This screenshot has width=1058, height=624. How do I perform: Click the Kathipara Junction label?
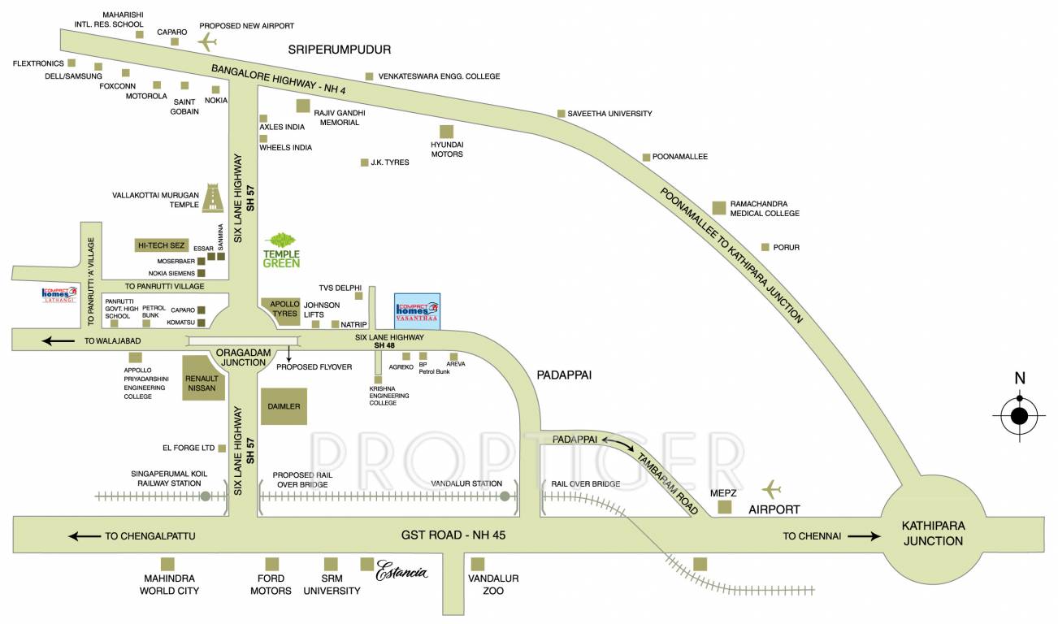click(932, 534)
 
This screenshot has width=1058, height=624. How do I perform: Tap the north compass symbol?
click(1019, 417)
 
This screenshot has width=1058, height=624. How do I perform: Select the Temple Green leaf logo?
click(281, 241)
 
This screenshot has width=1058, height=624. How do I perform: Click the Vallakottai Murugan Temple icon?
click(216, 198)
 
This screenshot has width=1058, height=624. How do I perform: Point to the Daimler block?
click(283, 405)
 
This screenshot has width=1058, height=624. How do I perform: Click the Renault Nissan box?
click(202, 379)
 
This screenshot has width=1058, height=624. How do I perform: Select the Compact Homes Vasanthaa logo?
click(417, 310)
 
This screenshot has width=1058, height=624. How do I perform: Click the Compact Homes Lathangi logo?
click(59, 294)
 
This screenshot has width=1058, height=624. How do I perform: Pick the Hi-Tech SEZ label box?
click(161, 245)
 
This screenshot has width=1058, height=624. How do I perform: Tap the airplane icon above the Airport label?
click(770, 489)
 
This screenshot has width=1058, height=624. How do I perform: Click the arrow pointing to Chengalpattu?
click(85, 535)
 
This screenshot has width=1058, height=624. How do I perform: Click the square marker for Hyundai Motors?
click(446, 131)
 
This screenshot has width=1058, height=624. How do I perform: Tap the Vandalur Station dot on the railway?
click(505, 496)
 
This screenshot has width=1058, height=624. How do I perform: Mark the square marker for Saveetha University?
click(561, 114)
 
